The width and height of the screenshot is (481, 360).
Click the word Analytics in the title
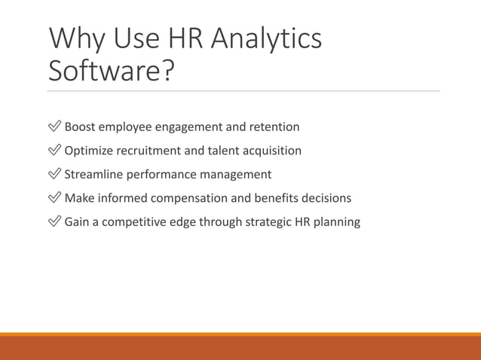point(265,40)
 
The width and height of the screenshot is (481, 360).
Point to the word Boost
point(81,127)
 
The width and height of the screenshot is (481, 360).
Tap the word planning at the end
point(337,222)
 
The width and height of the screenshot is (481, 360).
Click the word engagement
point(189,127)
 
